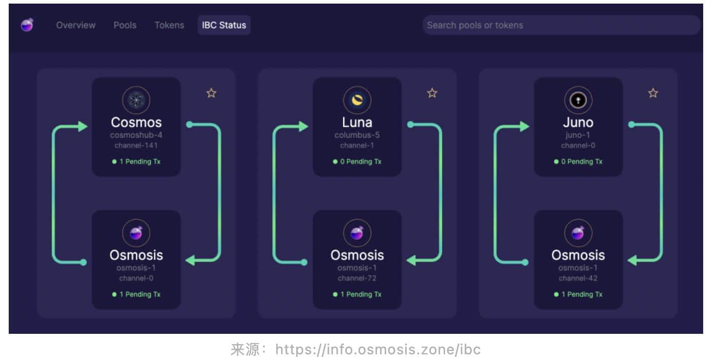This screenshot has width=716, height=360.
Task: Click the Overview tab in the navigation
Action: click(x=76, y=25)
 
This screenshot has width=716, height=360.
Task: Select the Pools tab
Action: click(x=125, y=25)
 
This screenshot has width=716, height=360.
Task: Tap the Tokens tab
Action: click(x=169, y=25)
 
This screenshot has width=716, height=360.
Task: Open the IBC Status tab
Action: click(x=224, y=25)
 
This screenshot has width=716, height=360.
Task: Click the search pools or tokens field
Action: click(x=561, y=25)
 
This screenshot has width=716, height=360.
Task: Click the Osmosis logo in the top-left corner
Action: click(x=27, y=25)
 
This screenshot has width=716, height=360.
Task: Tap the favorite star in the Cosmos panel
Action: click(x=211, y=93)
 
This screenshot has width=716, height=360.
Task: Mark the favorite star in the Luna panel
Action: click(x=432, y=93)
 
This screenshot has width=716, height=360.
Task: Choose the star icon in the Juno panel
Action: click(x=653, y=93)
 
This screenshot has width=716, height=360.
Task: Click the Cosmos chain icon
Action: click(x=136, y=100)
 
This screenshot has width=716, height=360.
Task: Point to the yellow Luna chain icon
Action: click(x=357, y=100)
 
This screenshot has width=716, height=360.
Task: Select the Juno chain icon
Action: click(x=578, y=100)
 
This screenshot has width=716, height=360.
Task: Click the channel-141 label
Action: click(x=136, y=146)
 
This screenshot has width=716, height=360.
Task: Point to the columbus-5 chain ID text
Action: click(x=357, y=135)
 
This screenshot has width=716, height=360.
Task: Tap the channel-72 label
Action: click(x=357, y=278)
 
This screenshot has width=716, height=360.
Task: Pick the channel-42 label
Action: click(x=578, y=278)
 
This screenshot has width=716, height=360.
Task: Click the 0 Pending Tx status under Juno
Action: click(x=578, y=162)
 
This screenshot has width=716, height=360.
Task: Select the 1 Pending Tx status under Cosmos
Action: click(x=136, y=162)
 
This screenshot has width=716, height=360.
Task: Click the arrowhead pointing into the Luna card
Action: click(x=303, y=127)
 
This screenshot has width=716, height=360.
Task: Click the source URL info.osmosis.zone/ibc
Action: click(x=378, y=349)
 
